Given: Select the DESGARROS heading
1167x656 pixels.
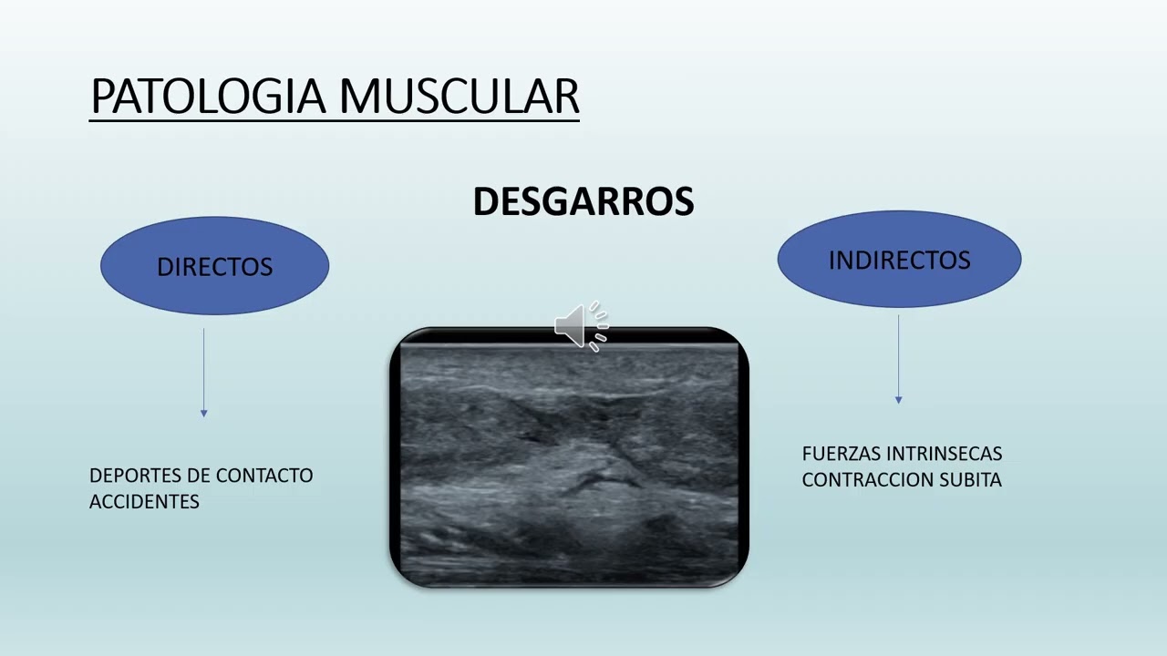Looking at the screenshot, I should pos(583,201).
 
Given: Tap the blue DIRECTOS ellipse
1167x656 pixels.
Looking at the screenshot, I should pos(214,266).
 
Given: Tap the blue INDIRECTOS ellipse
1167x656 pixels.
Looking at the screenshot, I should pos(899,260).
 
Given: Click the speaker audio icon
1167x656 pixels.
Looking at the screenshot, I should pos(581,325).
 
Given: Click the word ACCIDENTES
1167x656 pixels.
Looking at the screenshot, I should pos(144,501).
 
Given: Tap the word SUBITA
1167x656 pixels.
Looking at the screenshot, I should pos(973,479).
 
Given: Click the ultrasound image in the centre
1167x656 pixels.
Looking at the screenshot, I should pos(569,460).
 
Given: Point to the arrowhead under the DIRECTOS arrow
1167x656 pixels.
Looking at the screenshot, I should pos(203,414).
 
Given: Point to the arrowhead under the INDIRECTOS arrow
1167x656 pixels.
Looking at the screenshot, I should pos(898,400).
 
